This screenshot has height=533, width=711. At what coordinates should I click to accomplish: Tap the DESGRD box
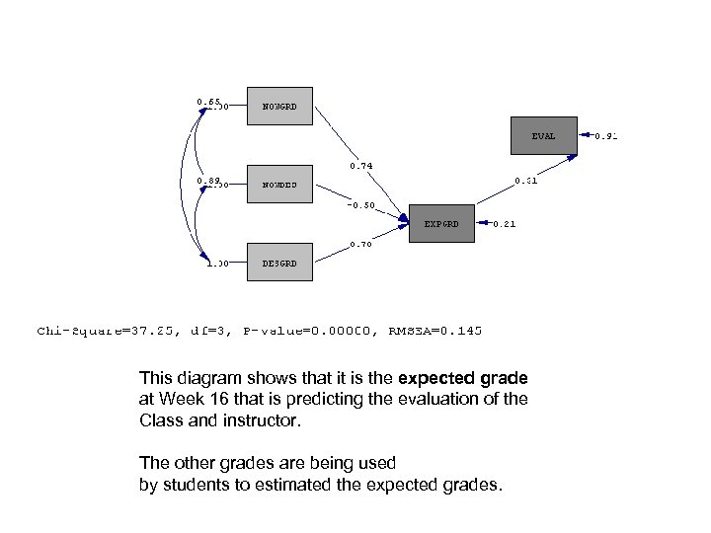279,263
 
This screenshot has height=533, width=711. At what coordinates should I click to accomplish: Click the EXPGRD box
441,224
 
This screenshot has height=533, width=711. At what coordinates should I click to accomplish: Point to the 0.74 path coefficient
360,166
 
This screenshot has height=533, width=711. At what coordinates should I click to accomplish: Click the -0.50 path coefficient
360,206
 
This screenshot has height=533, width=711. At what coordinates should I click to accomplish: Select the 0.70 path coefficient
360,245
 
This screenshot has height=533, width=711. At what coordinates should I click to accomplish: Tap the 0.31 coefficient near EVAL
525,181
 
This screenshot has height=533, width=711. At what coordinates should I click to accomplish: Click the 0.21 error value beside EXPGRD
504,225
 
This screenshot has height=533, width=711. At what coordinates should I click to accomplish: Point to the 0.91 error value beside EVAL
604,137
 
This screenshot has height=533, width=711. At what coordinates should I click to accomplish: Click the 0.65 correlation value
207,101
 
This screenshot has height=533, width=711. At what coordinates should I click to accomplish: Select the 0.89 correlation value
207,181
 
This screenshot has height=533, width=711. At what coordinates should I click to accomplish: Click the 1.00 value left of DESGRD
217,264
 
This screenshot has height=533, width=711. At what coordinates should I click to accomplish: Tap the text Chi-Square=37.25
108,331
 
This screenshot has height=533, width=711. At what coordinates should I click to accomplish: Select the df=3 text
210,331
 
